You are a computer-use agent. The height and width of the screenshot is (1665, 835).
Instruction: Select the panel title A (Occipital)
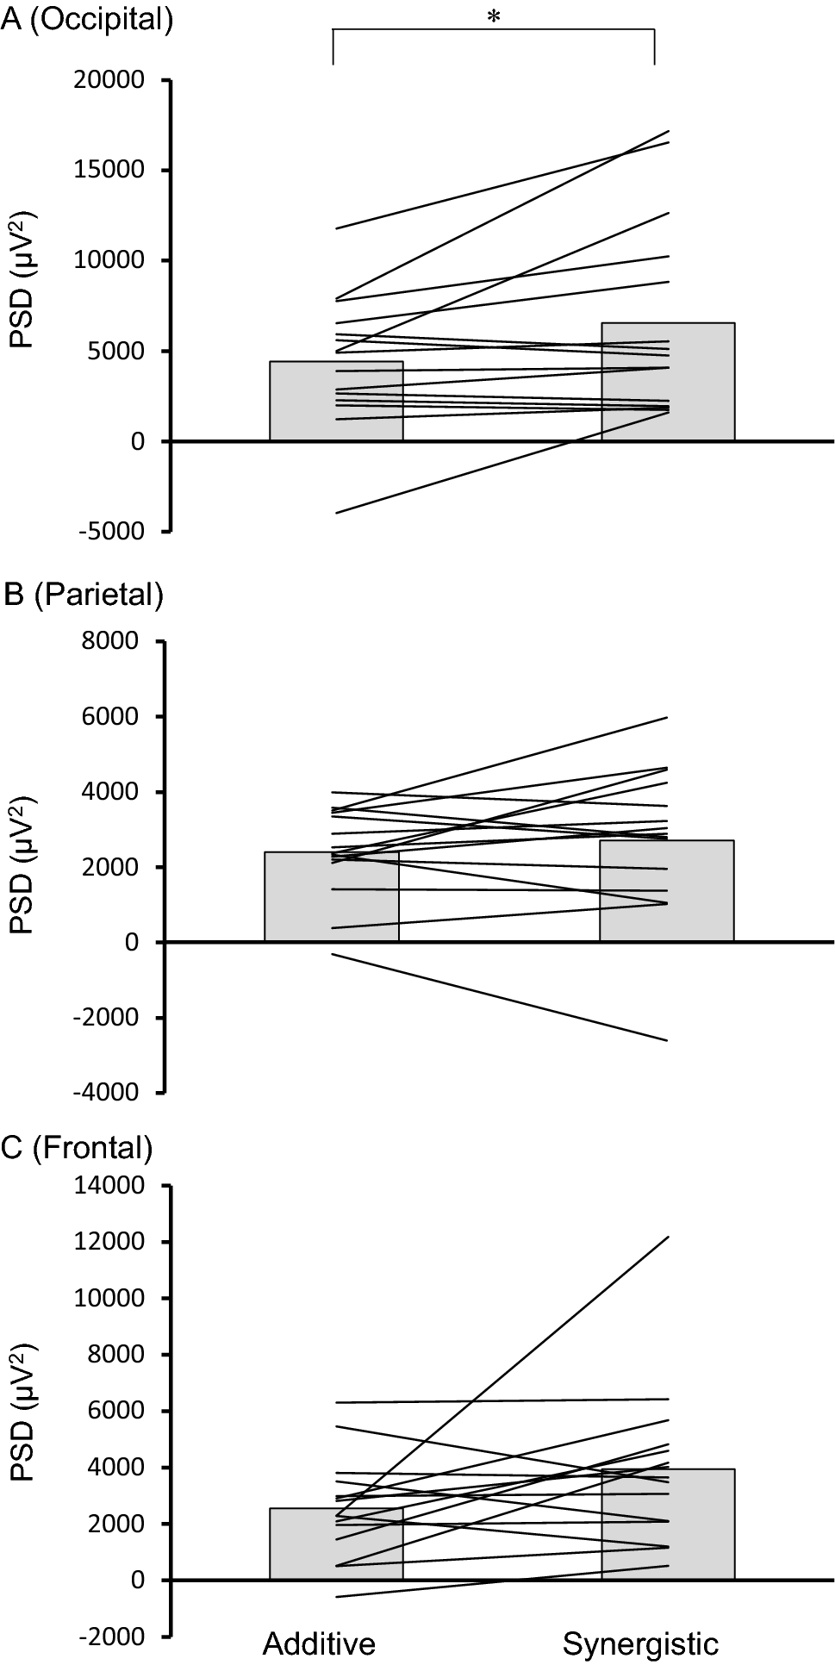pos(87,19)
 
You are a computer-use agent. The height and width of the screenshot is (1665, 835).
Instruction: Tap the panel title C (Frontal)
pos(78,1147)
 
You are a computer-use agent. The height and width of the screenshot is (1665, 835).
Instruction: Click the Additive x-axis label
pos(319,1643)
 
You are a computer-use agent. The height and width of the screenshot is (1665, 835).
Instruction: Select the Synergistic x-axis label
pos(640,1643)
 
